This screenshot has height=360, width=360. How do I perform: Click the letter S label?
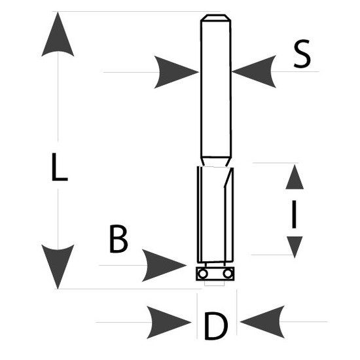pyautogui.click(x=302, y=54)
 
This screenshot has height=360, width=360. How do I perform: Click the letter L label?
pyautogui.click(x=60, y=167)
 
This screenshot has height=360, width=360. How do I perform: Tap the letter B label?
pyautogui.click(x=118, y=239)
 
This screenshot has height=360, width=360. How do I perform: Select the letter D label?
pyautogui.click(x=216, y=325)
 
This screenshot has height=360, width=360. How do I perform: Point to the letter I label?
pyautogui.click(x=294, y=215)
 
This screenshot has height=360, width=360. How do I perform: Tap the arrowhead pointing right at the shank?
pyautogui.click(x=176, y=72)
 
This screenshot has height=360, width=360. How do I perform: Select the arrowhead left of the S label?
pyautogui.click(x=254, y=71)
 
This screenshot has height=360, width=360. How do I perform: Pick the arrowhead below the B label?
pyautogui.click(x=164, y=265)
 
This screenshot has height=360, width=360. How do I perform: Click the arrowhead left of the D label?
pyautogui.click(x=169, y=322)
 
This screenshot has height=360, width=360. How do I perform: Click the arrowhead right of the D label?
pyautogui.click(x=262, y=322)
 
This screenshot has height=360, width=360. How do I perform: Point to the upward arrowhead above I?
pyautogui.click(x=295, y=177)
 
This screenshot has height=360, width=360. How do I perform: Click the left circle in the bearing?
pyautogui.click(x=203, y=274)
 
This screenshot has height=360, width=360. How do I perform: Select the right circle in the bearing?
pyautogui.click(x=228, y=274)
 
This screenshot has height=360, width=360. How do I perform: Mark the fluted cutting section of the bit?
pyautogui.click(x=215, y=215)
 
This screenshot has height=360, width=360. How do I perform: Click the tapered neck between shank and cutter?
pyautogui.click(x=215, y=162)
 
